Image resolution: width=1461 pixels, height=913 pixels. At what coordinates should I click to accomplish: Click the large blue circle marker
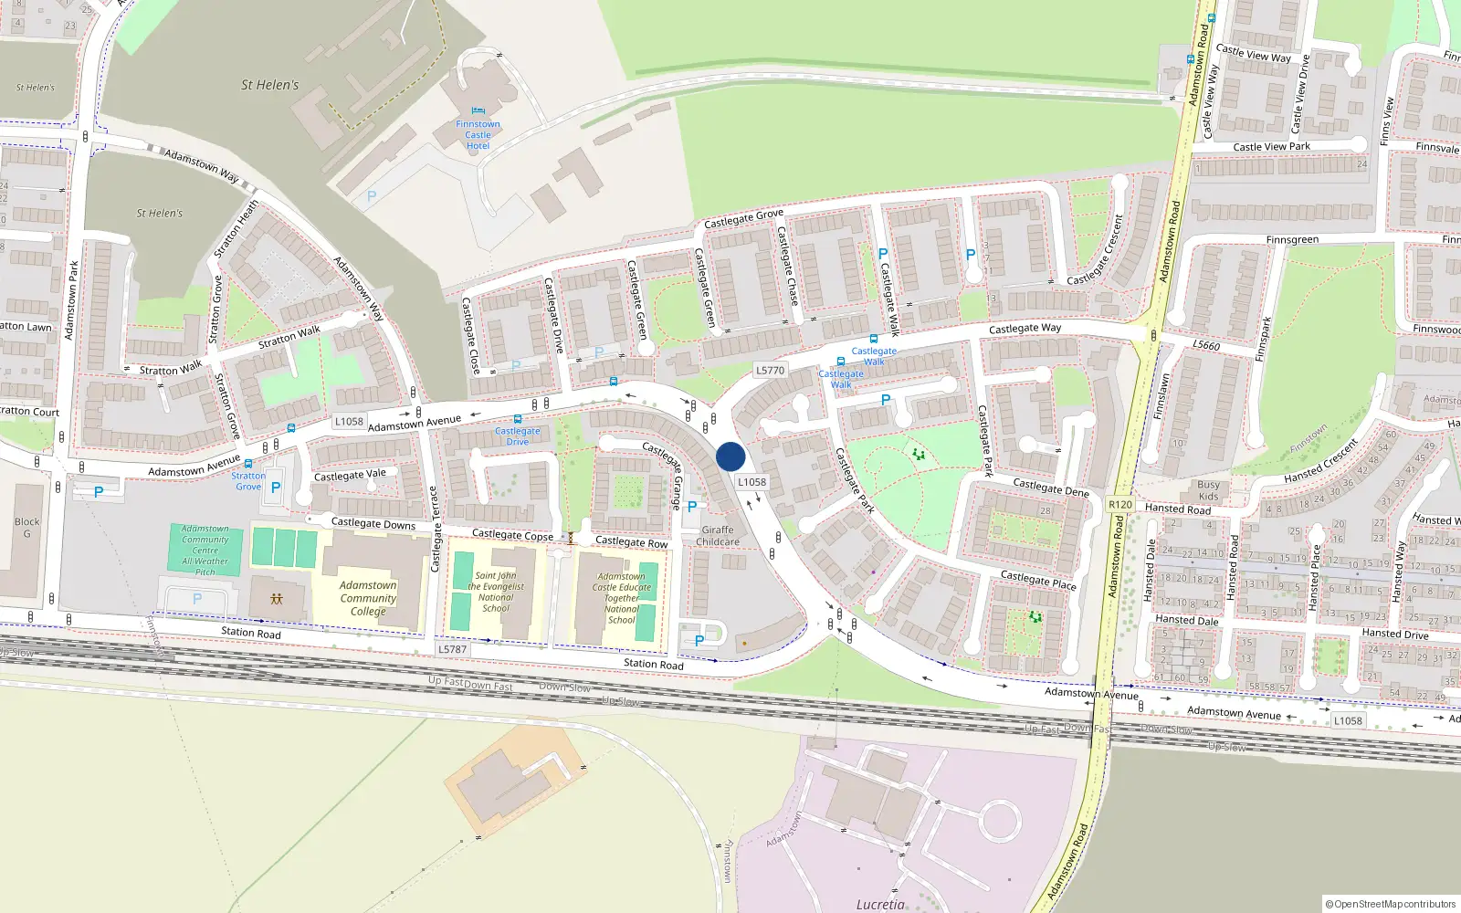(730, 456)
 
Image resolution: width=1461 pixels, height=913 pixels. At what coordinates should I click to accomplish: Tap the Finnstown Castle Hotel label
(478, 135)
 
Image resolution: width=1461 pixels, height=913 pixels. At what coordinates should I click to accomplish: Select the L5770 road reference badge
(770, 371)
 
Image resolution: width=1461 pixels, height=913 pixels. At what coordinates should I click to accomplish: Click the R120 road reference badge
(1120, 505)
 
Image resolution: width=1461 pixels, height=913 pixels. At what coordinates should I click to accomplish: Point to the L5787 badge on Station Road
(452, 649)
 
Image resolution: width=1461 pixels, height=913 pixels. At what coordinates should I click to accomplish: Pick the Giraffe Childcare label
(718, 536)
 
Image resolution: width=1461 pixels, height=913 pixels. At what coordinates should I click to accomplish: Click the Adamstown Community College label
(368, 598)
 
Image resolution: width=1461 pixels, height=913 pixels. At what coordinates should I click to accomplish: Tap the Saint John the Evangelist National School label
(496, 592)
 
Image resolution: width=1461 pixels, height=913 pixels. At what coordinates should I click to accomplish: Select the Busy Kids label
(1208, 490)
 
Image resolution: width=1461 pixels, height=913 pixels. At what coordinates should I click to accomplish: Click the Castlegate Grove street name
(743, 218)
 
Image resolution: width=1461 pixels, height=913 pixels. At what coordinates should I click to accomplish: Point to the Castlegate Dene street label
(1051, 488)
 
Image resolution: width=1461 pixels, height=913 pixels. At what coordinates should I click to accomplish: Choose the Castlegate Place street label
(1038, 579)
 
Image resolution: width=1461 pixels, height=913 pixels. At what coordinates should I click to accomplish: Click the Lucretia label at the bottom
(880, 904)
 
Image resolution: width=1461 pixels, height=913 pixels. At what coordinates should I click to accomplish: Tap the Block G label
(26, 528)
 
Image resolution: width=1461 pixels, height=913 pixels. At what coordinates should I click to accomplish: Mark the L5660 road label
(1206, 345)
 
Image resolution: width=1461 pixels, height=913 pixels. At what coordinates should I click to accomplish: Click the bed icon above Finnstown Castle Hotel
(478, 111)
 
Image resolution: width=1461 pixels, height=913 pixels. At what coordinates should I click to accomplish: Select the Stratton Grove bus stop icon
(248, 464)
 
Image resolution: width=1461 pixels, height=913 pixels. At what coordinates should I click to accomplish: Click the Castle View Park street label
(1271, 147)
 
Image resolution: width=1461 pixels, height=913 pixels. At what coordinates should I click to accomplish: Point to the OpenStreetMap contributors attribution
(1391, 904)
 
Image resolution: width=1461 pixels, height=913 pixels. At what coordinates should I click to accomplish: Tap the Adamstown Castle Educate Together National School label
(622, 598)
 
